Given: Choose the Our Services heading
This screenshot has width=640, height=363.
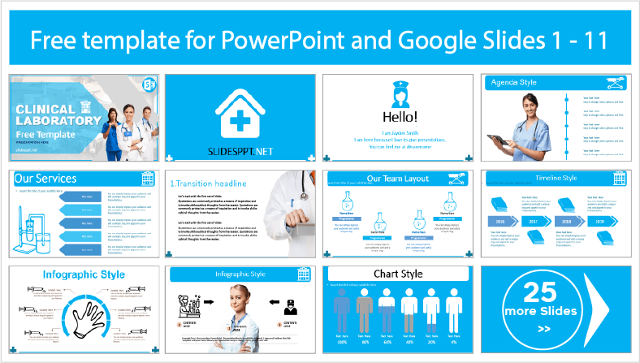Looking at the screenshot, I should click(x=47, y=178).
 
